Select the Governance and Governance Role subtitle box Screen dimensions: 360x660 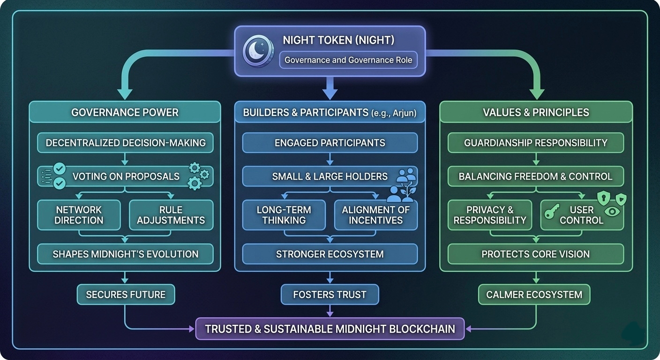point(348,60)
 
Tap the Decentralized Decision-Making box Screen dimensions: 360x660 point(125,142)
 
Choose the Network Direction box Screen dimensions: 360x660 point(79,215)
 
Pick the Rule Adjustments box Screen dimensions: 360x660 point(171,215)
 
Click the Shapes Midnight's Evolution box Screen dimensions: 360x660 point(125,254)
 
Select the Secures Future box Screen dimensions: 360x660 point(125,294)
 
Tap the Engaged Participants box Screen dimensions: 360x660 point(330,142)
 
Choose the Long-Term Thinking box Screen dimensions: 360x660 point(284,215)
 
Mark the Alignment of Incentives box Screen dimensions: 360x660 point(375,215)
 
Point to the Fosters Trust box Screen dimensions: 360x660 point(330,294)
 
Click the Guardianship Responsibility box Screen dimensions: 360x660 point(535,142)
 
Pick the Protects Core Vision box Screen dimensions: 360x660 point(535,254)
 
